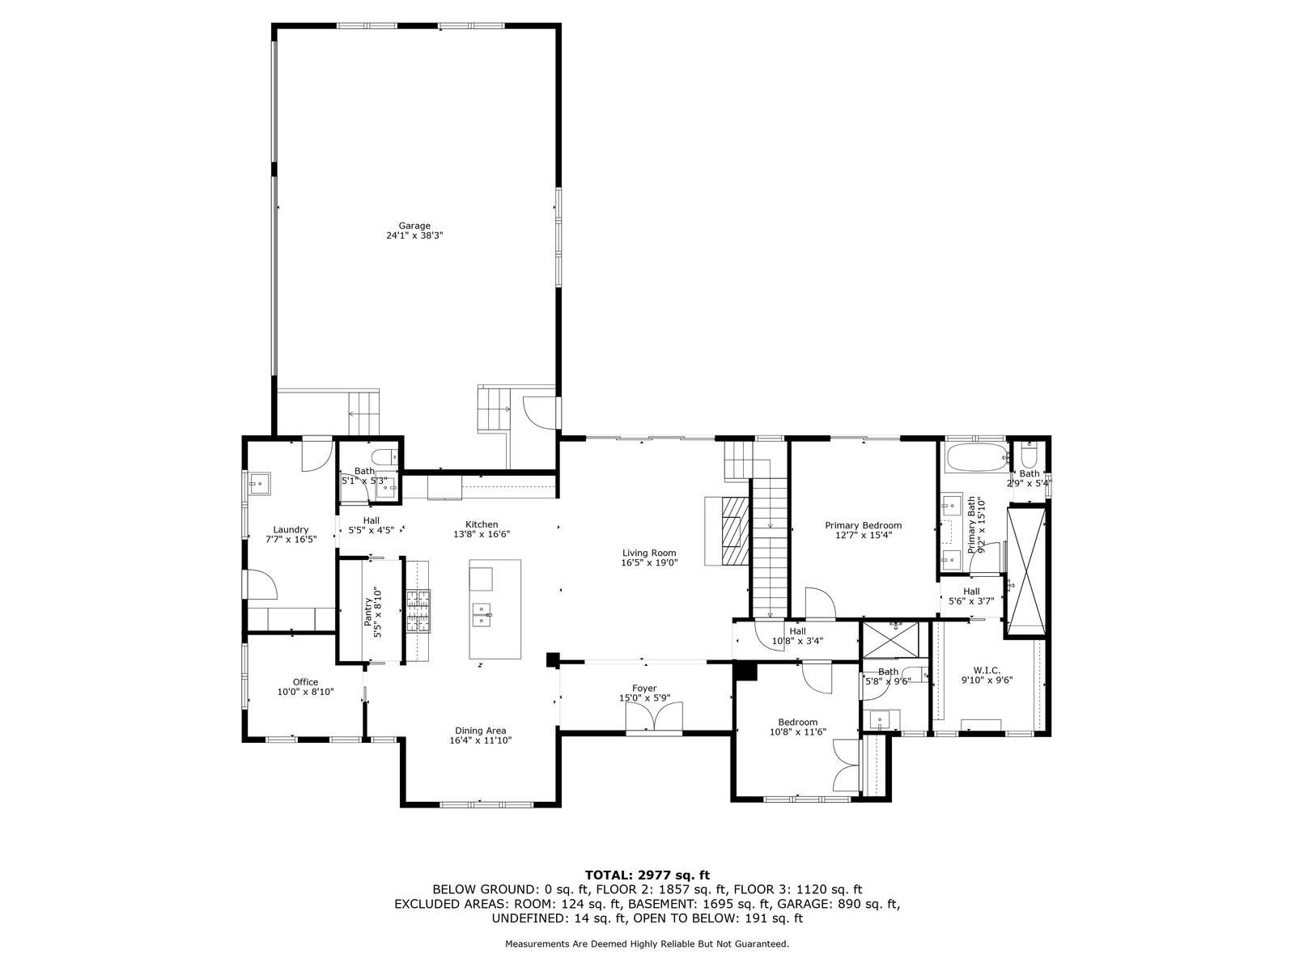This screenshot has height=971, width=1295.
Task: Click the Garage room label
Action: tap(414, 226)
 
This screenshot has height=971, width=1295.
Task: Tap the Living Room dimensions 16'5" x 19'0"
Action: tap(649, 562)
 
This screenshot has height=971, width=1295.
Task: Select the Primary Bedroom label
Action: tap(863, 525)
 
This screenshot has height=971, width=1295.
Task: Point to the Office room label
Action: tap(305, 682)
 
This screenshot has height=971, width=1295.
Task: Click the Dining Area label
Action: tap(480, 731)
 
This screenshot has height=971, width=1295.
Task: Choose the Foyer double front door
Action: tap(654, 717)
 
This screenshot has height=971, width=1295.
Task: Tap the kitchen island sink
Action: tap(482, 613)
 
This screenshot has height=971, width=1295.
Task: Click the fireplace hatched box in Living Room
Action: tap(736, 531)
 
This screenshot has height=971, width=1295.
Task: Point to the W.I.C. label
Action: tap(987, 670)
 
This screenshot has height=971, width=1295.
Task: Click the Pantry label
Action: tap(368, 612)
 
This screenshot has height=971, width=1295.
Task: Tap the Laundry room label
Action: tap(291, 529)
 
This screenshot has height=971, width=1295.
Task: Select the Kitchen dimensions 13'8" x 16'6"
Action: tap(482, 534)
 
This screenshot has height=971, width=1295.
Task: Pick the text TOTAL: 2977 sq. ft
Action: tap(647, 875)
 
